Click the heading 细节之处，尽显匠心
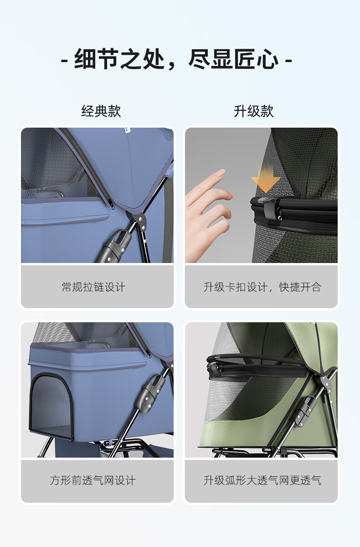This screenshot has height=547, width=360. pos(176,59)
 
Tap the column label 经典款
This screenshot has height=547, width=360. pos(101,111)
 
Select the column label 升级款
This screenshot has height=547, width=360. pos(253,111)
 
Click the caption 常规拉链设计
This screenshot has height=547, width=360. pos(94,287)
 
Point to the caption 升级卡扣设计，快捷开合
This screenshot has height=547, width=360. pos(262,287)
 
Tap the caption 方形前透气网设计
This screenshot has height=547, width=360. pos(93,480)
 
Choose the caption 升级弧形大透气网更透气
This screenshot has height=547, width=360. pos(262,480)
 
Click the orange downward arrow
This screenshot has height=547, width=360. pos(266,180)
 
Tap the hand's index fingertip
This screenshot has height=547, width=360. pos(221,172)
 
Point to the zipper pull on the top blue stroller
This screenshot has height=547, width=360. pos(112,204)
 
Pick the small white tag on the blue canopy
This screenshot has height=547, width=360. pos(127,130)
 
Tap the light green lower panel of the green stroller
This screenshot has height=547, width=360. pos(244,435)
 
